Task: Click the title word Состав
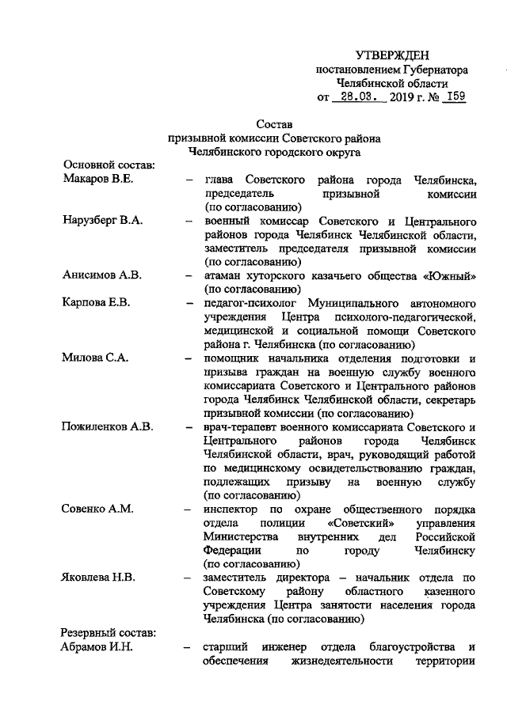275,124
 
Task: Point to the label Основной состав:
108,165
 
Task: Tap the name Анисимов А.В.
101,276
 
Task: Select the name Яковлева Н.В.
99,578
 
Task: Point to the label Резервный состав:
109,634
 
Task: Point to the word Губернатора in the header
435,70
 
